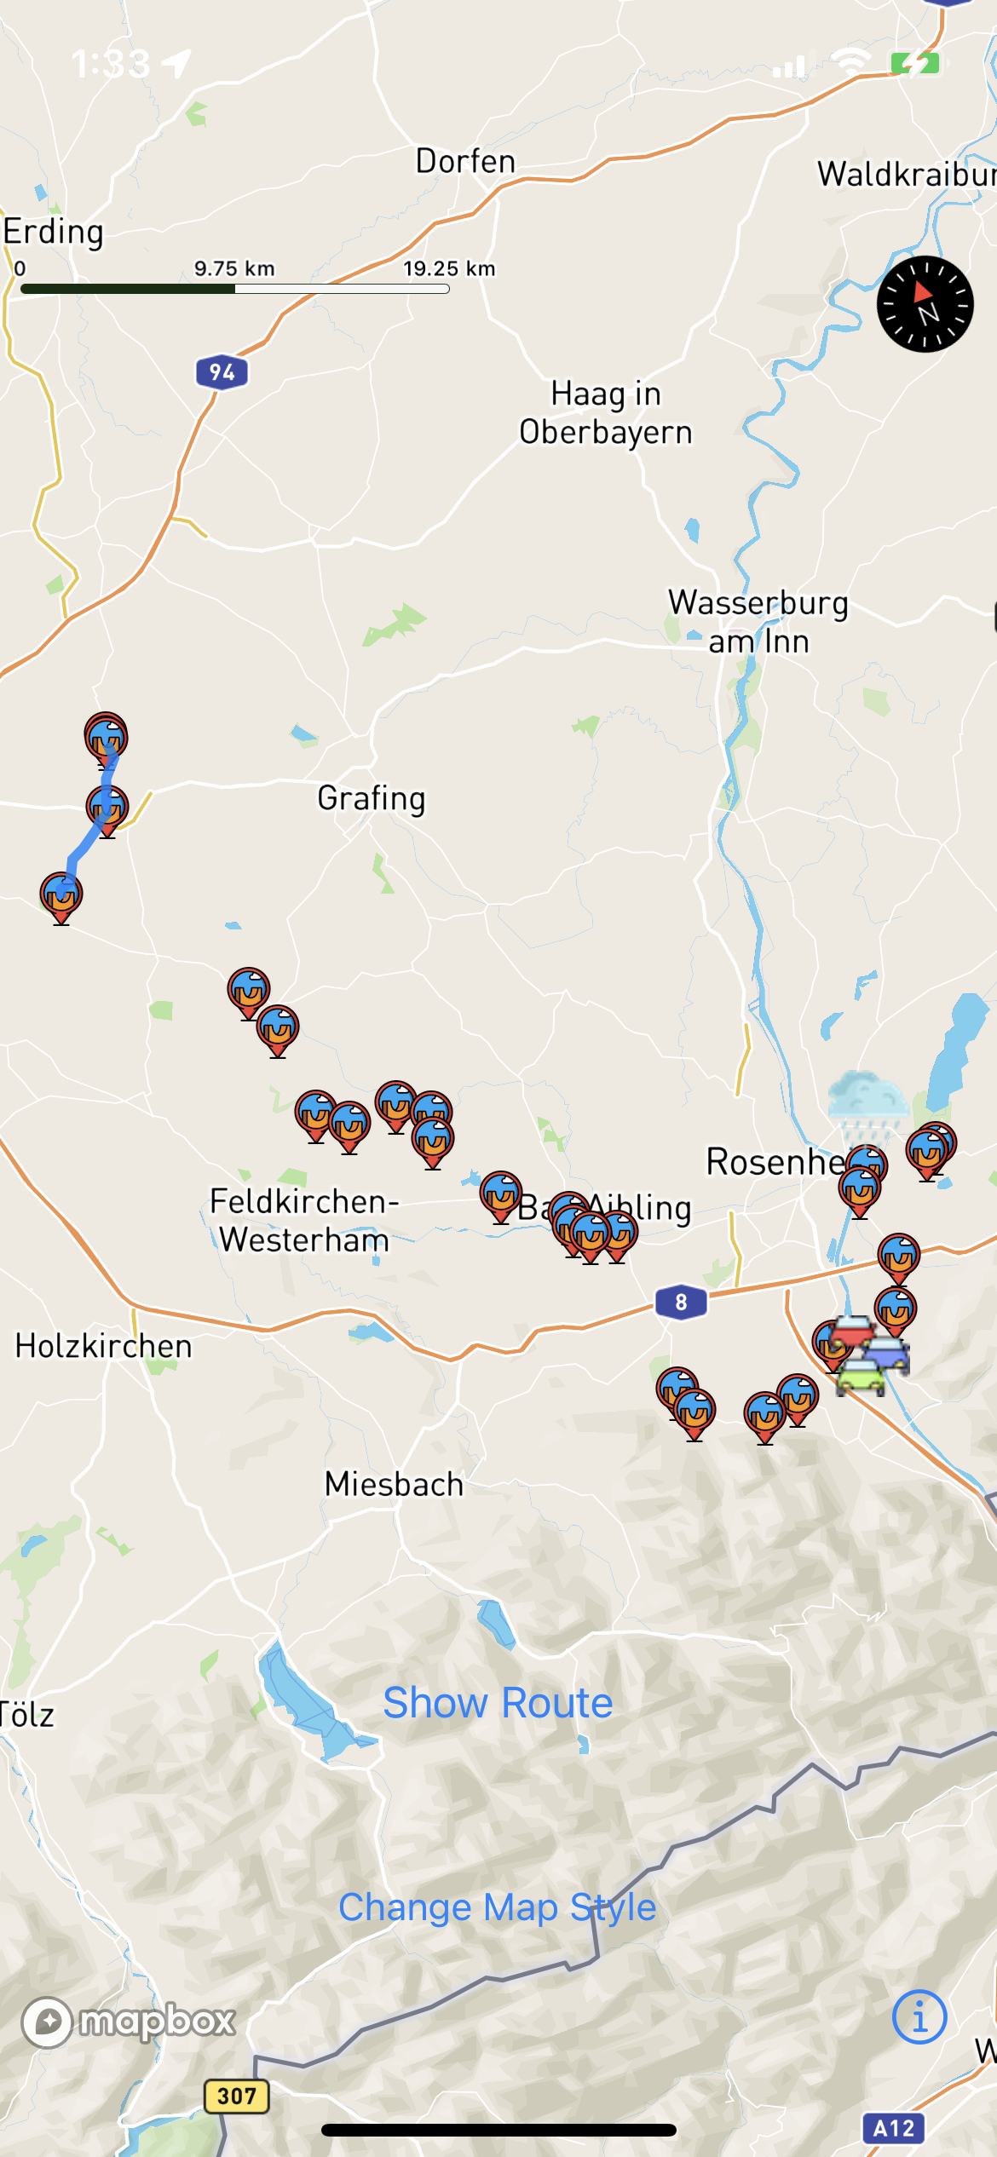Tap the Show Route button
[x=498, y=1703]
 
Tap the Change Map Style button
[x=498, y=1907]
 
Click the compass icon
[x=925, y=304]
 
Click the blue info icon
[x=919, y=2016]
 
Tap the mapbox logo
[x=130, y=2022]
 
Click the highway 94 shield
[x=222, y=372]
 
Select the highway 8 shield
[x=681, y=1303]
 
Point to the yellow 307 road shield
[x=236, y=2097]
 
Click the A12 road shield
[x=893, y=2130]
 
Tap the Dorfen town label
[x=465, y=162]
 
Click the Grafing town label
[x=371, y=799]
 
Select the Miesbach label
[x=394, y=1485]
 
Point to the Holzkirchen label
[x=103, y=1347]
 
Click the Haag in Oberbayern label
[x=606, y=413]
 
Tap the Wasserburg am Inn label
[x=758, y=622]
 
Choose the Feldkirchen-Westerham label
[x=304, y=1221]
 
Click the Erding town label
[x=53, y=232]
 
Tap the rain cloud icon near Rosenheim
[x=867, y=1104]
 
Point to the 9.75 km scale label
[x=234, y=269]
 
